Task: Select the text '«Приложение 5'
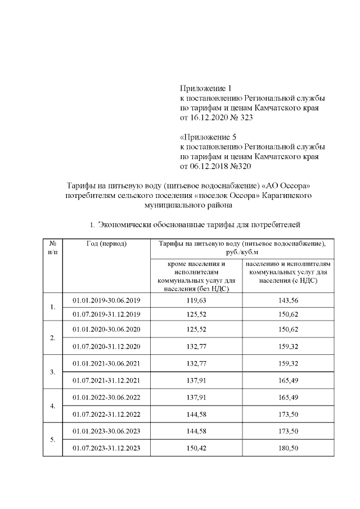(x=206, y=137)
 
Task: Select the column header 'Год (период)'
(x=107, y=244)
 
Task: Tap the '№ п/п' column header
(x=52, y=248)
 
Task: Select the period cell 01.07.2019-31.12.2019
(x=106, y=314)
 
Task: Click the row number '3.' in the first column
(x=52, y=372)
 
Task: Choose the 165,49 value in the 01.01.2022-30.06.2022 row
(x=287, y=398)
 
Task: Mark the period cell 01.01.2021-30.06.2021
(x=106, y=363)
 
